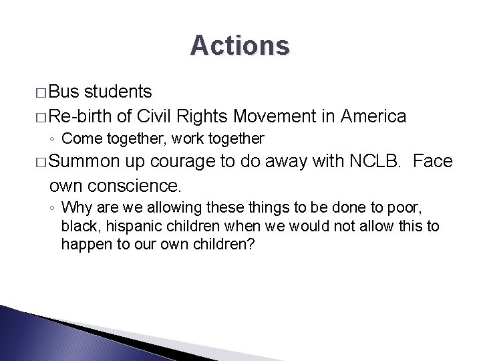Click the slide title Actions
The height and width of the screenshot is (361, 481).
240,45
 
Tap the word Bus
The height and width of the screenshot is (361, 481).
64,90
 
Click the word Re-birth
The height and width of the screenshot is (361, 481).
79,116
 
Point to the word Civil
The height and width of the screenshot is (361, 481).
157,116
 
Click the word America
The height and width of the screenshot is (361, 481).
373,116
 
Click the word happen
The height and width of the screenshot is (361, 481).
81,245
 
